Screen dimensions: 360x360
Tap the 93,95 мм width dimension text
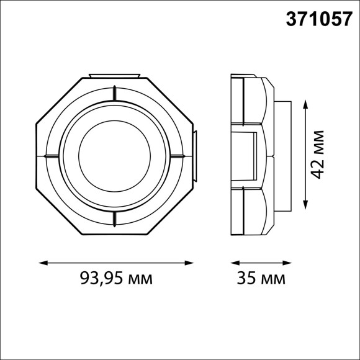pos(116,279)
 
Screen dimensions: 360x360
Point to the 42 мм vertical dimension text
pos(318,155)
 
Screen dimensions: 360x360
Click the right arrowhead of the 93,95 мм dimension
pos(193,261)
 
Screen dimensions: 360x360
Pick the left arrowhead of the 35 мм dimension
pos(233,261)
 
